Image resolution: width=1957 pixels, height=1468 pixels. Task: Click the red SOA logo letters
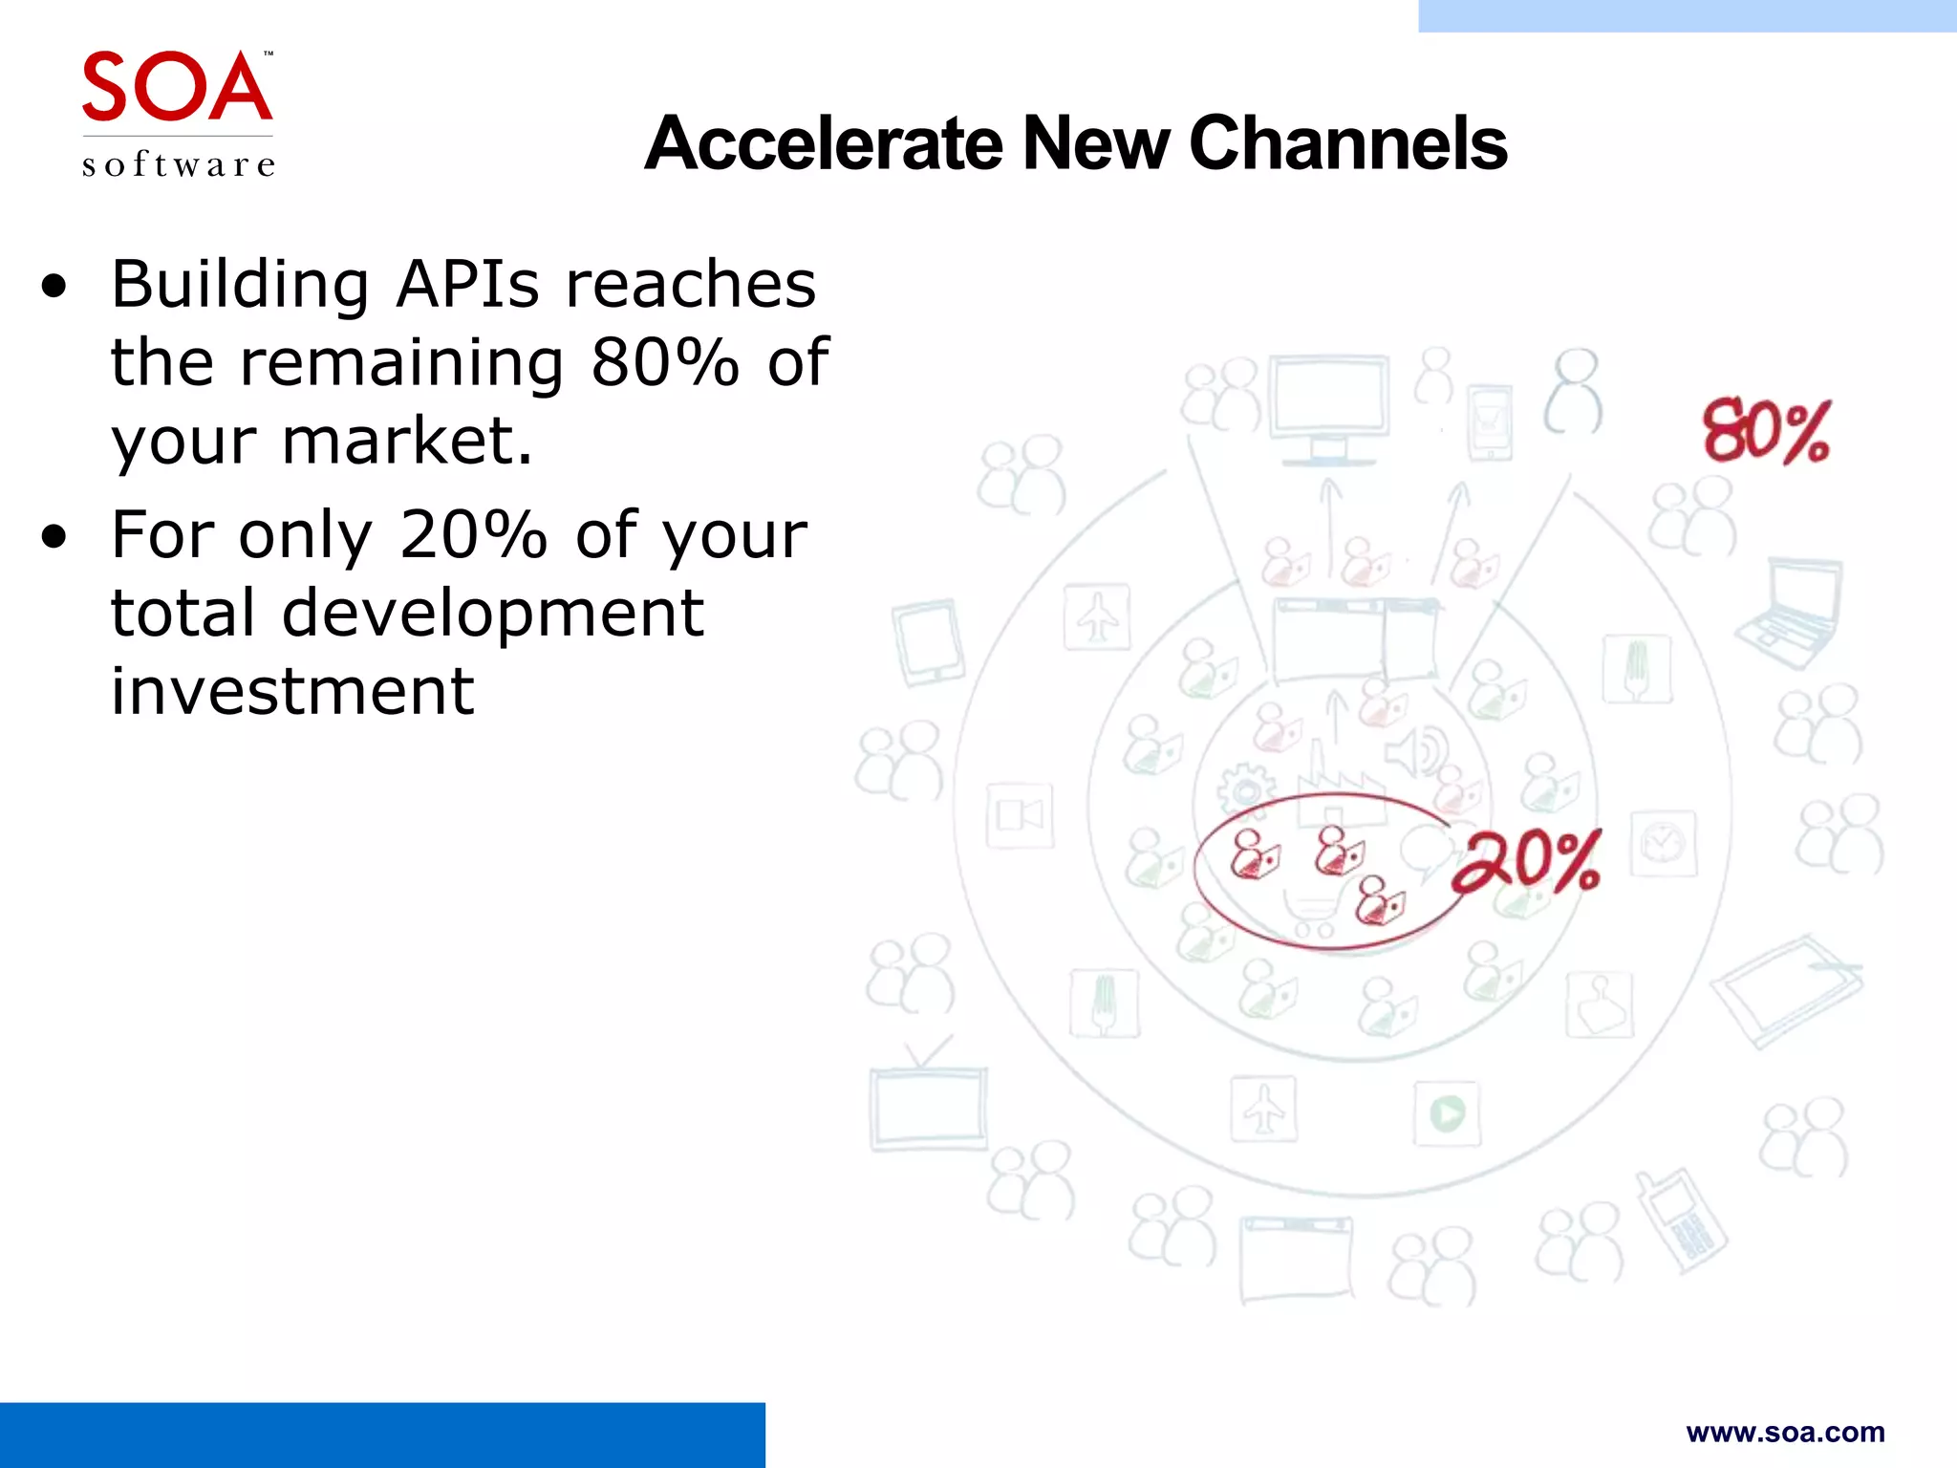[x=177, y=88]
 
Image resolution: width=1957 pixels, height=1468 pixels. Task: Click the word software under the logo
[x=179, y=164]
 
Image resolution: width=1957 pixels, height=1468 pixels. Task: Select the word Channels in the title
[x=1347, y=143]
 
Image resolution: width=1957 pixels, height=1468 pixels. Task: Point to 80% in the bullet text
[x=665, y=362]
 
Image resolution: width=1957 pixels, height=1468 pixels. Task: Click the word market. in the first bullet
[x=407, y=441]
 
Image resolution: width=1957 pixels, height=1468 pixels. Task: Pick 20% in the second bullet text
[x=473, y=534]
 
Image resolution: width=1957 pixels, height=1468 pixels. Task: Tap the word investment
[x=291, y=691]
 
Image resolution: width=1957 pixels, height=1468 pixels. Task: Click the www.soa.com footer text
[x=1785, y=1432]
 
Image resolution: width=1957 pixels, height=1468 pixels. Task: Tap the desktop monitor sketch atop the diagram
[x=1328, y=406]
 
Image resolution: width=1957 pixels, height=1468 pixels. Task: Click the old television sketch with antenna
[x=927, y=1099]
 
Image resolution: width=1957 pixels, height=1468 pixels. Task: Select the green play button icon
[x=1447, y=1113]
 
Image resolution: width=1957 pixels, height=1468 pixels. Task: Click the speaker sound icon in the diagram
[x=1417, y=752]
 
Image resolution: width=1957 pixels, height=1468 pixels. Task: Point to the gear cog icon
[x=1244, y=790]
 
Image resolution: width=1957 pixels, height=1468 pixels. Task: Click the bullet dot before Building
[x=55, y=286]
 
